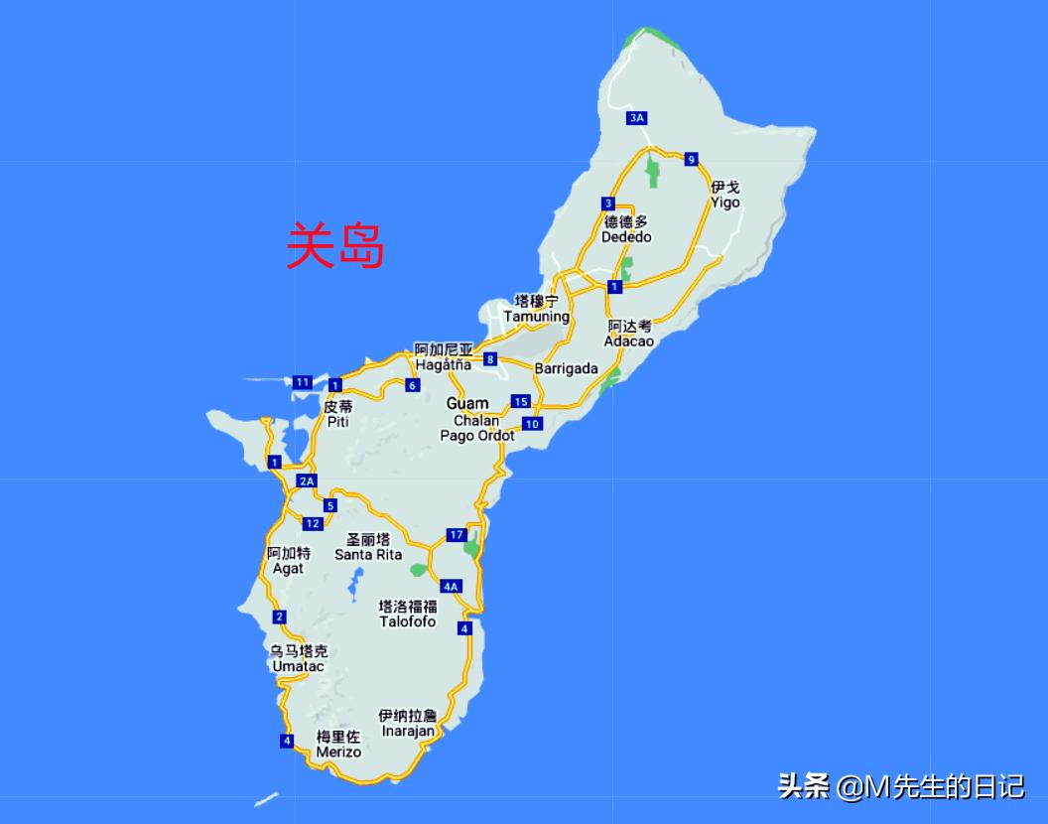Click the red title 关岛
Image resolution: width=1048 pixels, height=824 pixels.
click(334, 245)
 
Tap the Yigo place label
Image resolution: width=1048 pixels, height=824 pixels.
click(724, 195)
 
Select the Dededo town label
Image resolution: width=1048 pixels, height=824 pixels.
click(626, 229)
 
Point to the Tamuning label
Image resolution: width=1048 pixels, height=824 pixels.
click(536, 309)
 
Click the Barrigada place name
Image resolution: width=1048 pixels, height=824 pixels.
click(567, 368)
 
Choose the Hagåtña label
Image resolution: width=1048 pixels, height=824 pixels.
click(444, 357)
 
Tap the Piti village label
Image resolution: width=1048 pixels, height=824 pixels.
click(337, 414)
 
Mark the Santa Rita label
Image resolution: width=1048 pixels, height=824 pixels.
click(368, 547)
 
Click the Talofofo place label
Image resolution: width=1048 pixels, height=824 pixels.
click(407, 614)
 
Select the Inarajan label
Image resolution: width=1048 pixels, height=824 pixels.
click(407, 723)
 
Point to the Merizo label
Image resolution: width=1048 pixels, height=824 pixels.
click(338, 744)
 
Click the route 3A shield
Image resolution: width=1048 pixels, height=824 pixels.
click(637, 118)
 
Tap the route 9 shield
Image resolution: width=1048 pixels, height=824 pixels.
click(691, 159)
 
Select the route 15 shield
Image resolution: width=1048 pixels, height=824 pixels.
click(521, 401)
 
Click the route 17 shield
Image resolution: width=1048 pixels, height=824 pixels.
click(457, 535)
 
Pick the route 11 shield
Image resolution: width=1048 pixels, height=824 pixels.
click(303, 382)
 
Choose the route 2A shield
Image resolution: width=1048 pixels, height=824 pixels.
click(307, 481)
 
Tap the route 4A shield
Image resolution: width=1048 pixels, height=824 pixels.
click(452, 586)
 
